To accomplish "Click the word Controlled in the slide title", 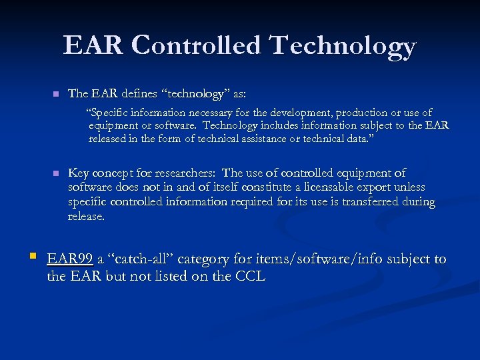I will coord(197,45).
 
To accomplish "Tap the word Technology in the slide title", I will coord(343,45).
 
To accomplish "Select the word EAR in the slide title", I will coord(93,45).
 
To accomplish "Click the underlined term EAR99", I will coord(70,259).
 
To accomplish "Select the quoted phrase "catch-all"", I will coord(137,259).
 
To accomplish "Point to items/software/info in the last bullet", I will coord(309,259).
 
